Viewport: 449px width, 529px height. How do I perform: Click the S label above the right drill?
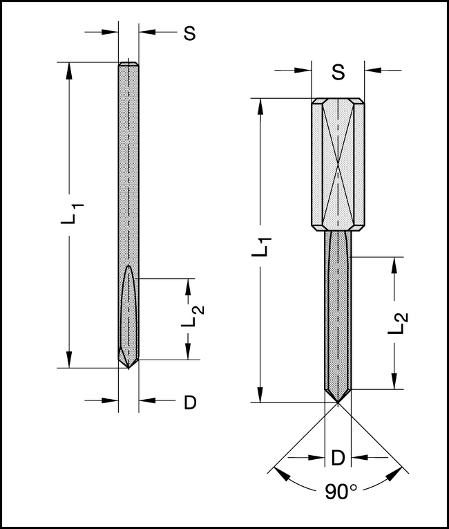(337, 71)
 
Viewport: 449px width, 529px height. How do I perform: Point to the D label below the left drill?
(190, 402)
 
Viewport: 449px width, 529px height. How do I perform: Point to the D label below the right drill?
(338, 457)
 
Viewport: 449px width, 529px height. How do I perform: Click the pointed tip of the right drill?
(338, 402)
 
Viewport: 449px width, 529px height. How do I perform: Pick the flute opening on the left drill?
(128, 277)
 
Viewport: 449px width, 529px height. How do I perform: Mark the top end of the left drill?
(128, 64)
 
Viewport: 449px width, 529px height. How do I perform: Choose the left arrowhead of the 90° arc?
(280, 474)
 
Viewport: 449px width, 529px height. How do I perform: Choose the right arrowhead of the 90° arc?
(397, 474)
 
